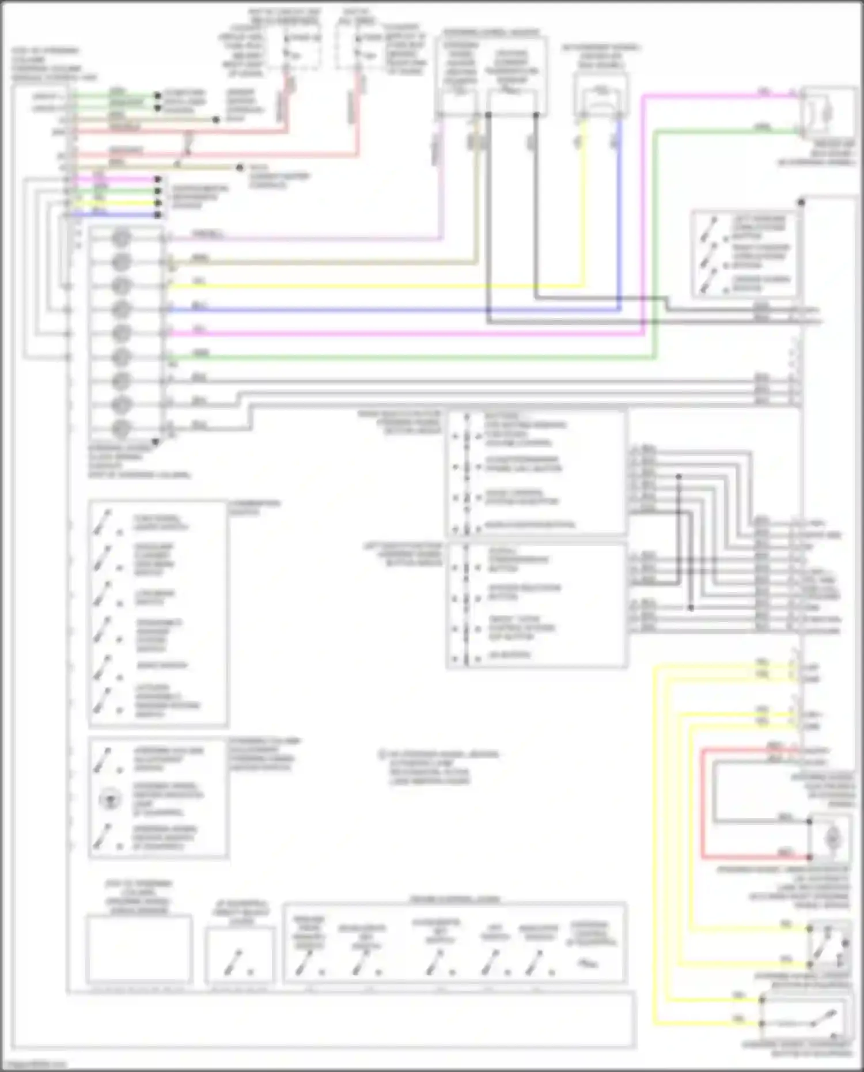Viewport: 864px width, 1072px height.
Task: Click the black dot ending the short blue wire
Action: click(x=158, y=215)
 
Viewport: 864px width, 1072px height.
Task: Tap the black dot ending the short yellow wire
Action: click(x=158, y=203)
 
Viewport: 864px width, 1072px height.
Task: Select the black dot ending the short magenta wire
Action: click(x=158, y=179)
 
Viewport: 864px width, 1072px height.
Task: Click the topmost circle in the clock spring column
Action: click(x=121, y=237)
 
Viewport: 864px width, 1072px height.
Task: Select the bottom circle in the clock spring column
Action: click(x=121, y=428)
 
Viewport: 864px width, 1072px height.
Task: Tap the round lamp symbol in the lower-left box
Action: click(x=109, y=800)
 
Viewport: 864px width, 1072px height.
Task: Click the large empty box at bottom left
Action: click(x=139, y=948)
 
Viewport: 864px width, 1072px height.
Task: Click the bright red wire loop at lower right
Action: click(x=703, y=806)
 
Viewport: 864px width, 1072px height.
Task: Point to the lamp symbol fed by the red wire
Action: click(x=832, y=838)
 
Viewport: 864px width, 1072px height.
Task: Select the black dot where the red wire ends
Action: click(x=810, y=857)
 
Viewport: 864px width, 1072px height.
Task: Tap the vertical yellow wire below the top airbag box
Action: click(x=583, y=202)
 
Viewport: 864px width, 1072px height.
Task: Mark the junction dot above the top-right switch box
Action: click(x=801, y=203)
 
